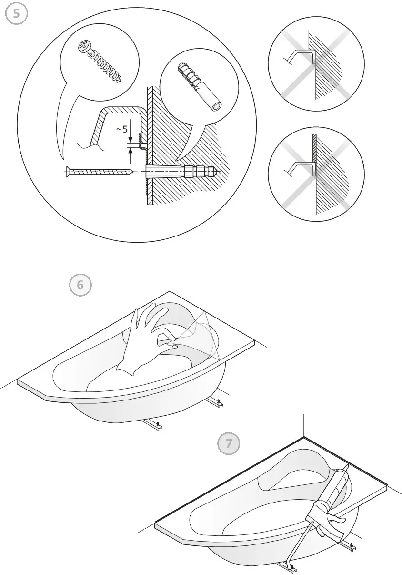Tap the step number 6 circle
click(80, 285)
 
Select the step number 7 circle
click(229, 443)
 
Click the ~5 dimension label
click(121, 129)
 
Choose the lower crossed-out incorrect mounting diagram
click(316, 174)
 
